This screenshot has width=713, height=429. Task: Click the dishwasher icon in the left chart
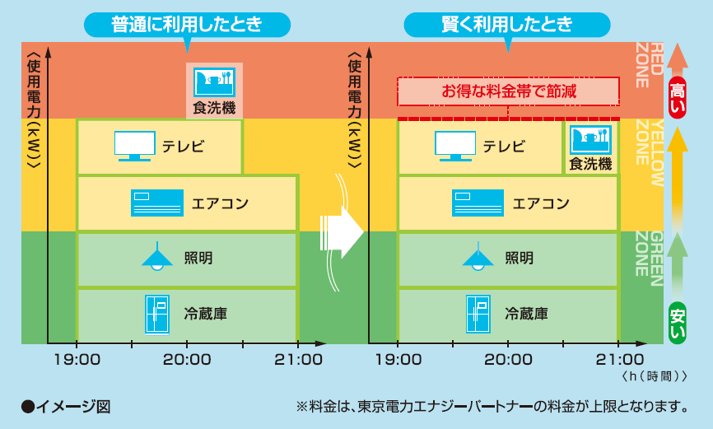[x=214, y=82]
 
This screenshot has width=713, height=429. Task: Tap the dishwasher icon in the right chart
[x=590, y=140]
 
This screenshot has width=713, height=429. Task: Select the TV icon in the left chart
[x=134, y=146]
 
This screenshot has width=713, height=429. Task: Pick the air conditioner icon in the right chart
[x=478, y=203]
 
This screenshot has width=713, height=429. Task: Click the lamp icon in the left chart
[x=157, y=257]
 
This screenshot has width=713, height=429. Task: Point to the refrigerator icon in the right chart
[x=478, y=314]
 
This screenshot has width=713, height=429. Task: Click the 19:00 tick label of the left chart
[x=77, y=360]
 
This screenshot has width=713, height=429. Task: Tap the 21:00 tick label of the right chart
[x=620, y=360]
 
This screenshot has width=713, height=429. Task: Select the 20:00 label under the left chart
[x=187, y=360]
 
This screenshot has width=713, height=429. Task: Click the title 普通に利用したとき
[x=187, y=25]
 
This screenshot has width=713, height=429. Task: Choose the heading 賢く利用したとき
[x=507, y=25]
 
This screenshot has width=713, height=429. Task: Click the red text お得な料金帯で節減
[x=509, y=91]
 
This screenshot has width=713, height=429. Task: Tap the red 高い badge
[x=677, y=97]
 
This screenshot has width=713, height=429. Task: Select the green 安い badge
[x=677, y=323]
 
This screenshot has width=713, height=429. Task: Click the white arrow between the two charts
[x=342, y=232]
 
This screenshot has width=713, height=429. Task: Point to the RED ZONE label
[x=650, y=65]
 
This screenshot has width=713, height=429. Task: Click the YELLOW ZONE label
[x=650, y=153]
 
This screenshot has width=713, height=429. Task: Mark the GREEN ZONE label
[x=650, y=259]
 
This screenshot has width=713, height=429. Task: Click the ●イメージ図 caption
[x=66, y=406]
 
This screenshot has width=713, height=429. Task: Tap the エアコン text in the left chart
[x=220, y=203]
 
